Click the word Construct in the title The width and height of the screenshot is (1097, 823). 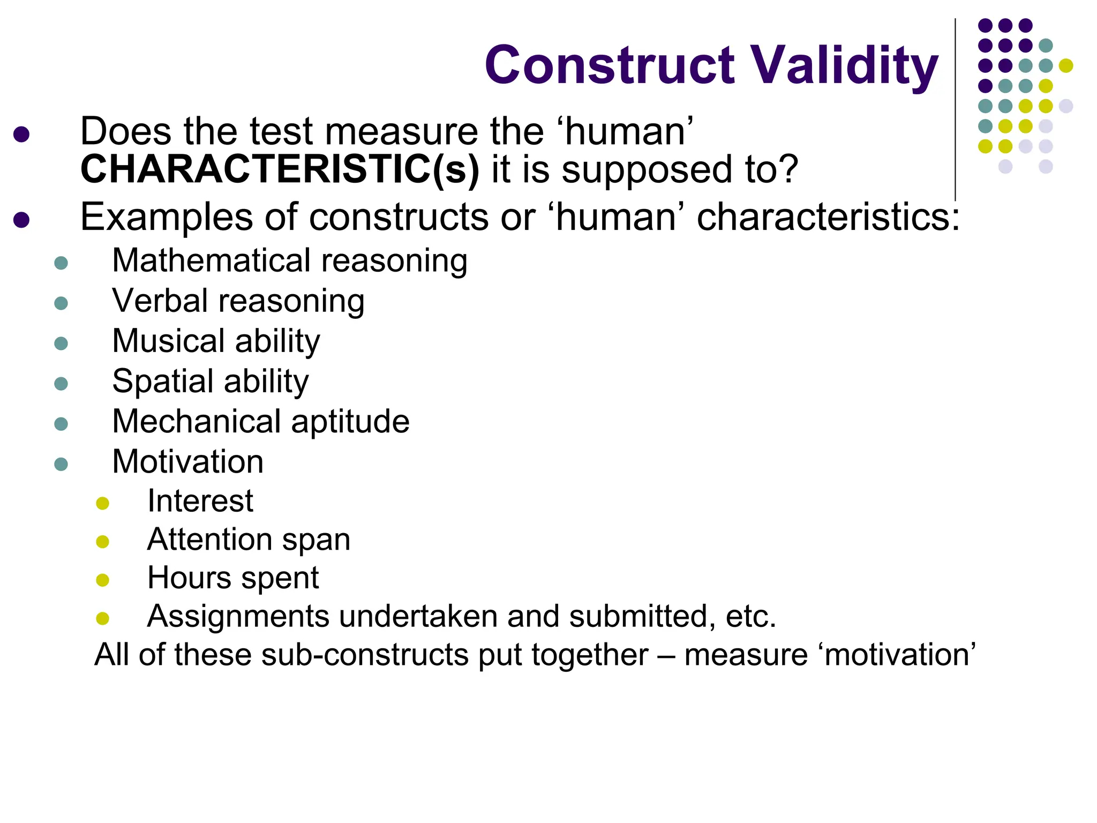point(610,65)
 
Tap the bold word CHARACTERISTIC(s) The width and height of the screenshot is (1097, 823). point(280,170)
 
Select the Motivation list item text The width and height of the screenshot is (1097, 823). point(187,462)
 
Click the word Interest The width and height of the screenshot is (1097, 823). point(200,502)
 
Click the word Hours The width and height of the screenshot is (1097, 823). point(189,578)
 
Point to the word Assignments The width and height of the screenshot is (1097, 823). point(238,617)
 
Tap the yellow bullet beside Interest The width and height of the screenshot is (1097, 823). point(102,503)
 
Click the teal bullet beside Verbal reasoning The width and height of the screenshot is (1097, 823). point(61,303)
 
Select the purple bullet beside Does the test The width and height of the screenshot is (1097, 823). point(21,134)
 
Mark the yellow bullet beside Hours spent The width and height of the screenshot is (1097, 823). point(102,580)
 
